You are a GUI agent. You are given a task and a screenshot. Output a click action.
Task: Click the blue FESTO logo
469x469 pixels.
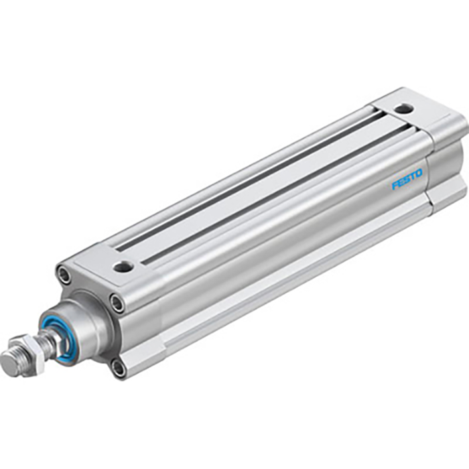tap(407, 180)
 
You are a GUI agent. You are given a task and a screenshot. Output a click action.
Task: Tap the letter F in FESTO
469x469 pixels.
tap(395, 185)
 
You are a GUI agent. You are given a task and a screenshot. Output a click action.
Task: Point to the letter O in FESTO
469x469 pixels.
tap(419, 174)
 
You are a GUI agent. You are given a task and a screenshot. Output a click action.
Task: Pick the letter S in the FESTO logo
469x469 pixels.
tap(407, 180)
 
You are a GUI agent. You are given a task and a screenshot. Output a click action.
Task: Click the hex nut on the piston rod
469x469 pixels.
tap(31, 353)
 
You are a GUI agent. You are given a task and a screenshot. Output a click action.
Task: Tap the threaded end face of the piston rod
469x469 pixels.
tap(9, 365)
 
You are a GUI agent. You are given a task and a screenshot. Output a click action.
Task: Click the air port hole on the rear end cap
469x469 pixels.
tap(403, 108)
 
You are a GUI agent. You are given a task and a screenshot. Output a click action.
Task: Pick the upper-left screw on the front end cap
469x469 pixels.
tap(64, 274)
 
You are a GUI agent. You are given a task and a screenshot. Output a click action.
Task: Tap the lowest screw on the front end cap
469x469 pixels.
tap(118, 366)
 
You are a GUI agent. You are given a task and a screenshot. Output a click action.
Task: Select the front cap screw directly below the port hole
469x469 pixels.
tap(117, 304)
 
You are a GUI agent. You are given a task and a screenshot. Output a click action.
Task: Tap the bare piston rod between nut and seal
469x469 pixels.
tap(48, 343)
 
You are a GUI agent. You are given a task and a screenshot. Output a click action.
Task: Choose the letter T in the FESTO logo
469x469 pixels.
tap(413, 177)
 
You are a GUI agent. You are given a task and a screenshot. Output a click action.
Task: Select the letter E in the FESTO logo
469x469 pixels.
tap(401, 182)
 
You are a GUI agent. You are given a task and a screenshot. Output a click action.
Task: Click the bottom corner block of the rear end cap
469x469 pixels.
tap(446, 194)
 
